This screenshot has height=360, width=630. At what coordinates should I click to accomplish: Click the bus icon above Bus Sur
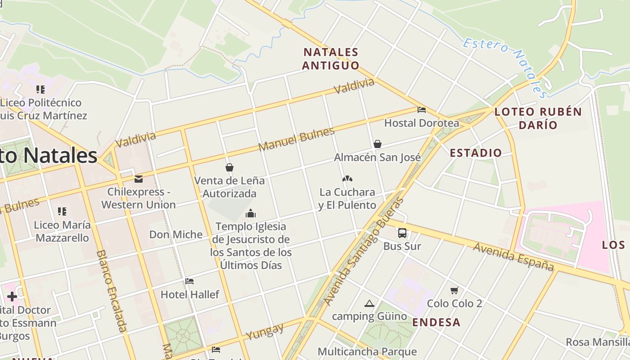[402, 233]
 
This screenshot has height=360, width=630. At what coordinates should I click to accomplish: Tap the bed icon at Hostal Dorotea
[422, 109]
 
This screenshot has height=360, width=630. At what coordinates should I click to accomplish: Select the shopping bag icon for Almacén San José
[378, 144]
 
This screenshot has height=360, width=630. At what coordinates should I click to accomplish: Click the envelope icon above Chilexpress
[138, 179]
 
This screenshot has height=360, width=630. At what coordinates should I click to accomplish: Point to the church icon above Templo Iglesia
[251, 213]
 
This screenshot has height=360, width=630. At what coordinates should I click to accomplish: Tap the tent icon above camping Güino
[369, 303]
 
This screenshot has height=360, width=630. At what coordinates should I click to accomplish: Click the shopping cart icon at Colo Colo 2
[454, 290]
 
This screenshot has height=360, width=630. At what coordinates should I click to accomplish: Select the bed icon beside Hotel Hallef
[189, 281]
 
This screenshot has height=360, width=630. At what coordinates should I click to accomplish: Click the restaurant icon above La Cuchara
[347, 179]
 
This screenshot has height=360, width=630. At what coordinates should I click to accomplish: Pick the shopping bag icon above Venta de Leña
[229, 167]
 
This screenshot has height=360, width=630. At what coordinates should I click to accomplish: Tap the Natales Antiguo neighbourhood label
[331, 59]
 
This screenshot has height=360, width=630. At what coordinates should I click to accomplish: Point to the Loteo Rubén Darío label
[538, 118]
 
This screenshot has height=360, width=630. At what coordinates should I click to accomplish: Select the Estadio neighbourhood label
[476, 153]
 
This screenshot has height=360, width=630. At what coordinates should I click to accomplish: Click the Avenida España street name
[513, 257]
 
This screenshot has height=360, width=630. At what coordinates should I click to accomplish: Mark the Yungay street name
[265, 331]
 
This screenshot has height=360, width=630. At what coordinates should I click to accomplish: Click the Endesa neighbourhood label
[436, 322]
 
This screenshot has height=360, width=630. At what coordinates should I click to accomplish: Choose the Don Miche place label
[176, 234]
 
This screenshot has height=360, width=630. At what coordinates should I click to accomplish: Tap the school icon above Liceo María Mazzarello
[62, 211]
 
